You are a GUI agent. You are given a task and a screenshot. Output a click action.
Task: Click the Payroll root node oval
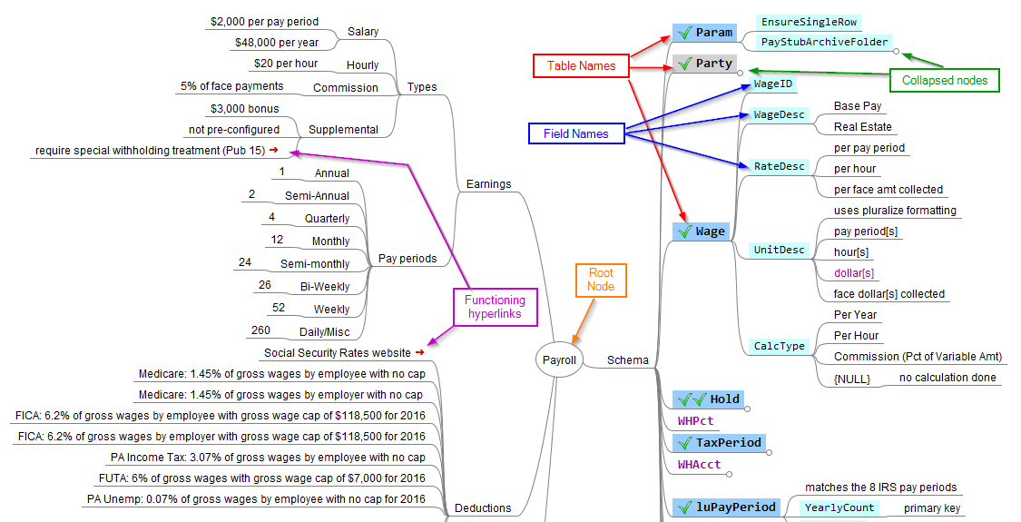tap(559, 359)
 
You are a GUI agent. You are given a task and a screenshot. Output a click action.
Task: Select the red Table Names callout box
tap(581, 65)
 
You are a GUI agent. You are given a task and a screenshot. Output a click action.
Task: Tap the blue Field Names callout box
tap(576, 133)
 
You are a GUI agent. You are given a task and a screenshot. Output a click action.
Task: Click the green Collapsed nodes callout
tap(944, 80)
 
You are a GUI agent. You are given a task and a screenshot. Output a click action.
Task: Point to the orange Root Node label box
tap(601, 280)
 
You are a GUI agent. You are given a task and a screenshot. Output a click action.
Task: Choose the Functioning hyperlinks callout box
tap(495, 307)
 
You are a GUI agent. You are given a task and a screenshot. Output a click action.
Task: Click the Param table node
tap(703, 33)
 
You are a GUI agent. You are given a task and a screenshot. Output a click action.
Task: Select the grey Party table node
tap(703, 64)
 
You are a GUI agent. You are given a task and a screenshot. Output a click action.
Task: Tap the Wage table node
tap(700, 231)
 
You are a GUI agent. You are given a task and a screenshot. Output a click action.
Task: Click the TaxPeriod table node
tap(719, 442)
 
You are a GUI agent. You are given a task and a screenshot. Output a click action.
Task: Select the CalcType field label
tap(779, 346)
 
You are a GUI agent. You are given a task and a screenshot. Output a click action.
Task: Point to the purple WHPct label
tap(695, 421)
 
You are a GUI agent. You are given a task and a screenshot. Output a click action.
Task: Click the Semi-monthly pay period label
tap(315, 264)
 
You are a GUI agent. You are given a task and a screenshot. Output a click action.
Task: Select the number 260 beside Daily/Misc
tap(260, 330)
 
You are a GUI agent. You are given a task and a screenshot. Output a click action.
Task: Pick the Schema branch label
tap(628, 360)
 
